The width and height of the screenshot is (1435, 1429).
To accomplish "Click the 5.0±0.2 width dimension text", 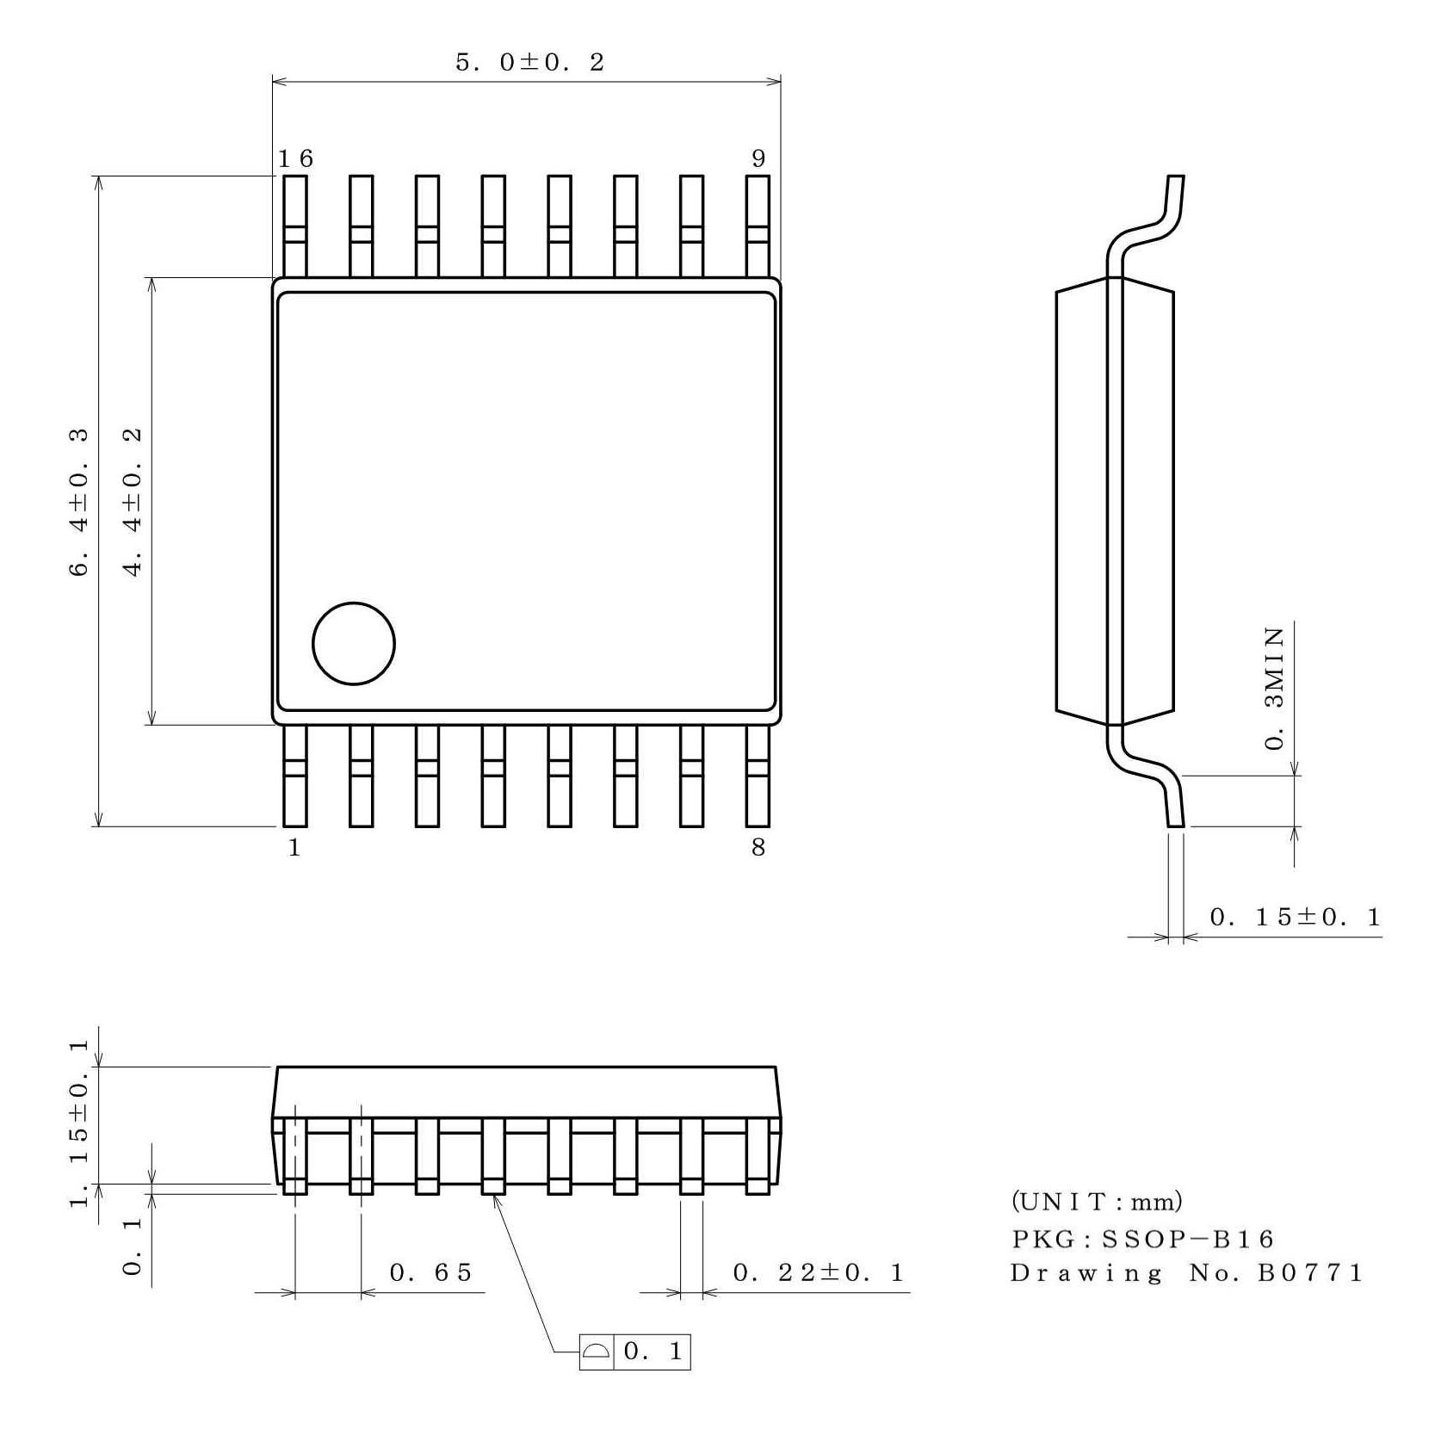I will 529,63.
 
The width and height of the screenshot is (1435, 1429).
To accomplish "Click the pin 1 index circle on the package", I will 353,643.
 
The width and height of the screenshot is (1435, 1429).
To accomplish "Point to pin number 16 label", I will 295,158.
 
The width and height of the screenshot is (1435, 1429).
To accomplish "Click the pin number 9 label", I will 758,158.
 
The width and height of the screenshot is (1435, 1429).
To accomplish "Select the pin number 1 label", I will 294,848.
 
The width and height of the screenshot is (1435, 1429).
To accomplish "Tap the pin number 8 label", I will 758,848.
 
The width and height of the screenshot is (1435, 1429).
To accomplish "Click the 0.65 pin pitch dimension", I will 430,1272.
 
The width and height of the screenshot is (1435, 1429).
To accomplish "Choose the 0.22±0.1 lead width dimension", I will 818,1272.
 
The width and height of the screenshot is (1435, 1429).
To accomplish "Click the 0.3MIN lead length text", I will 1275,689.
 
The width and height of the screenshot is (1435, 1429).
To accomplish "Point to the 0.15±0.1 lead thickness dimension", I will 1295,918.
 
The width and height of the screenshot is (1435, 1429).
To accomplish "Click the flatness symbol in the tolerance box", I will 595,1352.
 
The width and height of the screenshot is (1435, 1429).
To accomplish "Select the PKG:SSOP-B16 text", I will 1141,1240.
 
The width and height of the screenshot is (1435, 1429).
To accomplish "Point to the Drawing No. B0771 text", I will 1186,1273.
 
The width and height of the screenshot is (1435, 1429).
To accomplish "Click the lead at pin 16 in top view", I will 295,226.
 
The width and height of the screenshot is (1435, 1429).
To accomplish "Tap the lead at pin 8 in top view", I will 758,775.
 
